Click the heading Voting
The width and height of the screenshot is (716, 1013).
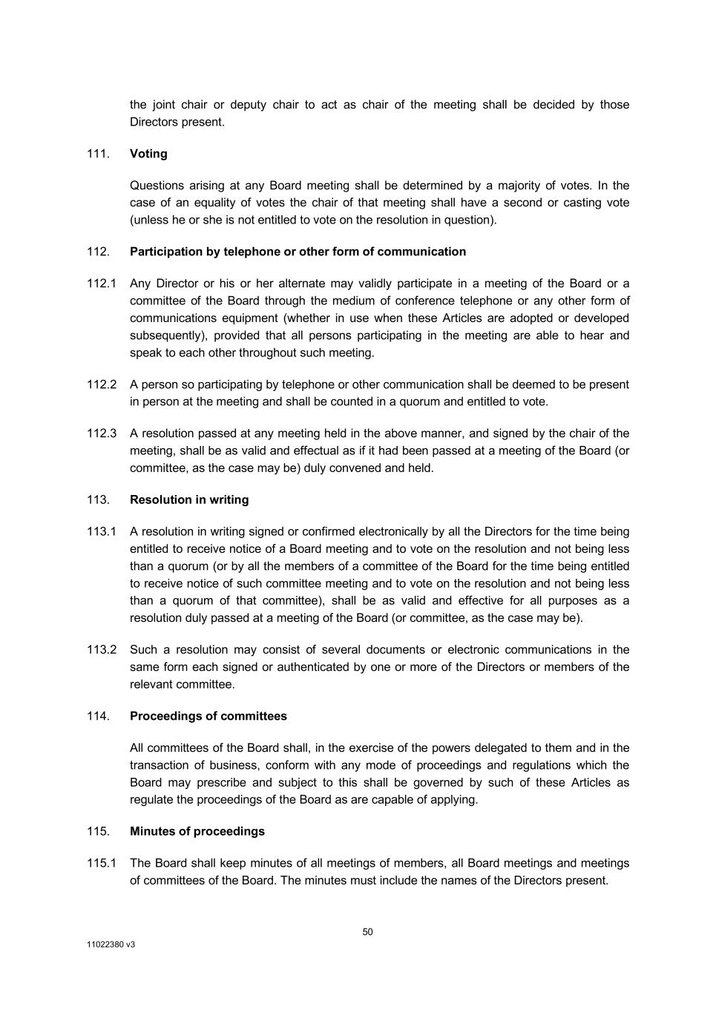(148, 154)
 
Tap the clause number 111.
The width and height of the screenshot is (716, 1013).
(98, 154)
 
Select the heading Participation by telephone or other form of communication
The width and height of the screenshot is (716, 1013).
(298, 252)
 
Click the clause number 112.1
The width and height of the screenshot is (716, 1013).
(102, 283)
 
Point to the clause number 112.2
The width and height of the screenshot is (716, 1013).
(102, 384)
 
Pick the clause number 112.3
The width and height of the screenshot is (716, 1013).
(102, 433)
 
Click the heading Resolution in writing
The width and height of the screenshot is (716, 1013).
(189, 499)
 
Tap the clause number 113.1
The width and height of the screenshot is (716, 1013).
(102, 531)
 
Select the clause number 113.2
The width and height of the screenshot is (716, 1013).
(102, 649)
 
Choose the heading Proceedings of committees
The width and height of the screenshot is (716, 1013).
(208, 716)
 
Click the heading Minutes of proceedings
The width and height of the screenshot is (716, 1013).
(197, 831)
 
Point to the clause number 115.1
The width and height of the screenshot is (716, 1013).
(102, 863)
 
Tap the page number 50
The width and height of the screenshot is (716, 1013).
(368, 932)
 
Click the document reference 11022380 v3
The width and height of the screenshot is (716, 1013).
(111, 945)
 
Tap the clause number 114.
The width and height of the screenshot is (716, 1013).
(98, 716)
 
